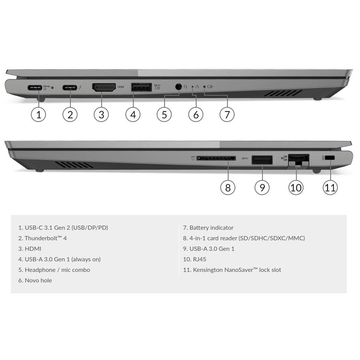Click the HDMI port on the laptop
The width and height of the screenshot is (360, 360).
104,88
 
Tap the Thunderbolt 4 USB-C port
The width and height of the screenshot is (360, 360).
70,88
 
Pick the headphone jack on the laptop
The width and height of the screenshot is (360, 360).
178,87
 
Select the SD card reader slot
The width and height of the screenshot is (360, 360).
216,158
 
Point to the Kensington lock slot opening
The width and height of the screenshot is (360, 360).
330,158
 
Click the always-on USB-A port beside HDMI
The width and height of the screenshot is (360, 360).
142,87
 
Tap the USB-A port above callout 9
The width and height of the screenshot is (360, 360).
262,160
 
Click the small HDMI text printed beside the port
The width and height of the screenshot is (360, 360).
121,87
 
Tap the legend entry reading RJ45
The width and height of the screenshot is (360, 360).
194,259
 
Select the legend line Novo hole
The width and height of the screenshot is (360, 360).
35,280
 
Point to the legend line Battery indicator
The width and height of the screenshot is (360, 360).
208,228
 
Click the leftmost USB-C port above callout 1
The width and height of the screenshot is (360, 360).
35,88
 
